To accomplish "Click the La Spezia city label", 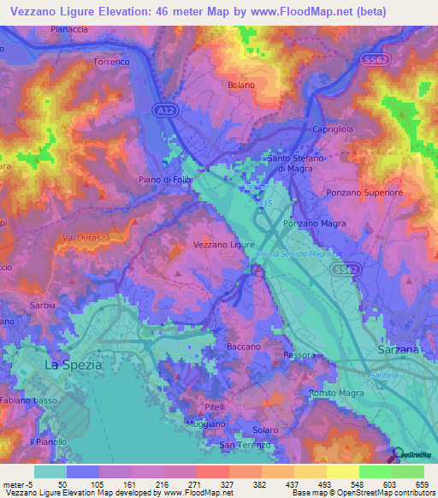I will coord(73,365).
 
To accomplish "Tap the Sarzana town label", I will coord(398,351).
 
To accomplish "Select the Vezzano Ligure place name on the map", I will coord(224,245).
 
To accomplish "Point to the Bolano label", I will coord(242,85).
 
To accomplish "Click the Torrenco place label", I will coord(111,62).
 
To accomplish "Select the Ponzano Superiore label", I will coord(364,193).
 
